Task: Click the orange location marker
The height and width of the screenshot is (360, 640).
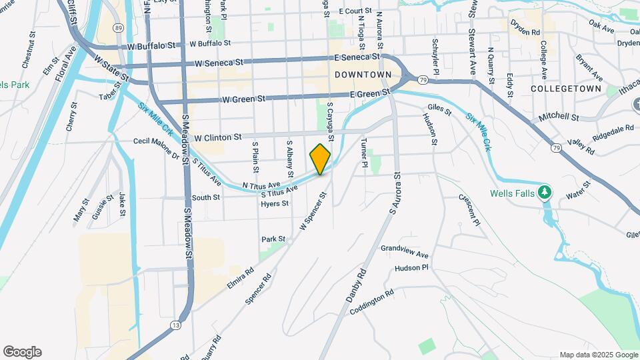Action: [320, 159]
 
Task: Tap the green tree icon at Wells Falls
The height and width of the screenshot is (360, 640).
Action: [545, 193]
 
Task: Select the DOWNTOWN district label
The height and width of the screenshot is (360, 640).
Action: [363, 75]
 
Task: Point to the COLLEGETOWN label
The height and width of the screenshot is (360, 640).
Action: [566, 89]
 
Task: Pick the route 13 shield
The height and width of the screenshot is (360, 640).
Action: [175, 325]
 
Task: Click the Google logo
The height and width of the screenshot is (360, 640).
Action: [22, 352]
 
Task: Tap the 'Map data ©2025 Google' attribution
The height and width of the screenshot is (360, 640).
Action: [598, 355]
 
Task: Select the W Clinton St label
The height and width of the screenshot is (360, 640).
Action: [217, 137]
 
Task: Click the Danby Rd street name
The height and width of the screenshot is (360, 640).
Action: [357, 285]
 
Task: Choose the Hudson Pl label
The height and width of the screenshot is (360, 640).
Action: [411, 268]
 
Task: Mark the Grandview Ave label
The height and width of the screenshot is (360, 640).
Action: [405, 251]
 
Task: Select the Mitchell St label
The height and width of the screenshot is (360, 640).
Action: [559, 116]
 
